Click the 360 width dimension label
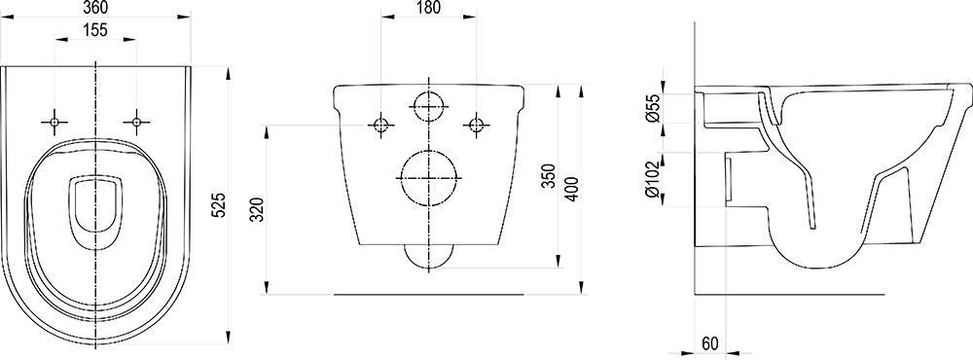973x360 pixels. (x=96, y=9)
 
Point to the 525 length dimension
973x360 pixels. (x=219, y=204)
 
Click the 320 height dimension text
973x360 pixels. (x=258, y=209)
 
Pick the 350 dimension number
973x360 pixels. (x=549, y=178)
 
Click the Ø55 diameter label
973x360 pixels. (x=654, y=106)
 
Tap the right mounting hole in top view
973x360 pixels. (x=136, y=122)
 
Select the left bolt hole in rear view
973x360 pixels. (x=381, y=125)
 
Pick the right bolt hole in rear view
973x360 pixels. (x=475, y=125)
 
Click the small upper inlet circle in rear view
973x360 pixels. (x=428, y=104)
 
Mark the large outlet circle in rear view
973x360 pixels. (x=428, y=178)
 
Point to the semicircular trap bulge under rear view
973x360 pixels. (x=428, y=254)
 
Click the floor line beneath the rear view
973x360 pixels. (x=428, y=292)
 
